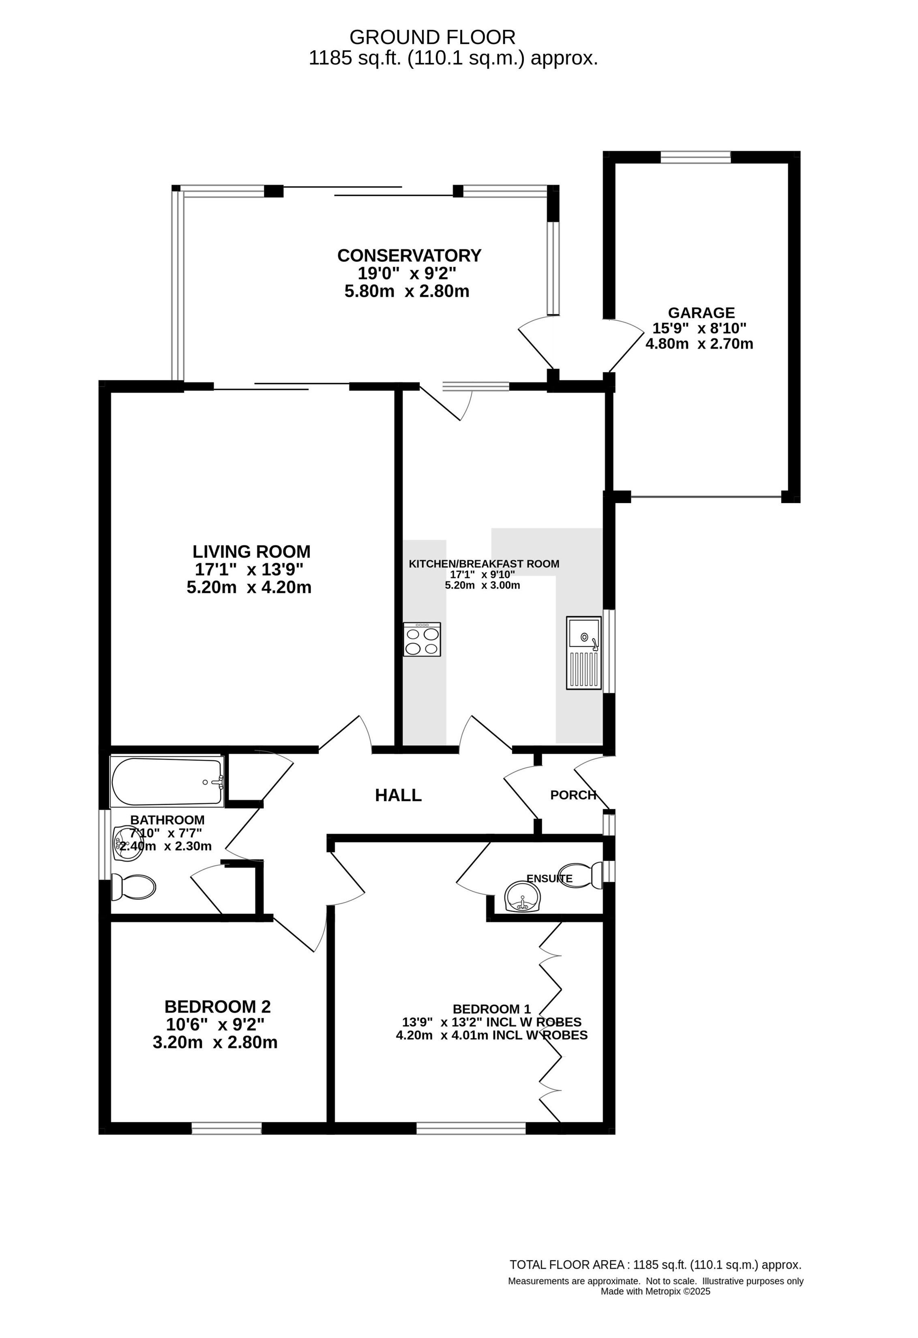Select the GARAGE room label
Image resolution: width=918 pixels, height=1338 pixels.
tap(701, 313)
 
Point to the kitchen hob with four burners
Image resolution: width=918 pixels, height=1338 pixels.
tap(422, 639)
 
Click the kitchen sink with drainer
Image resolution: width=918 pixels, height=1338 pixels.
tap(584, 653)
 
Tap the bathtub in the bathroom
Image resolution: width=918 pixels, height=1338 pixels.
tap(167, 781)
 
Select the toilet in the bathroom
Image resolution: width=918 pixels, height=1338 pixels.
tap(133, 887)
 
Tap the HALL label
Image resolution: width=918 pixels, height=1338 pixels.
tap(398, 795)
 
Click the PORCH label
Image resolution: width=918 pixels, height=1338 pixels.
tap(573, 795)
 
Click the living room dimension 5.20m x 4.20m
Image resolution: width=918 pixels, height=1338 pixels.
tap(249, 587)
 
